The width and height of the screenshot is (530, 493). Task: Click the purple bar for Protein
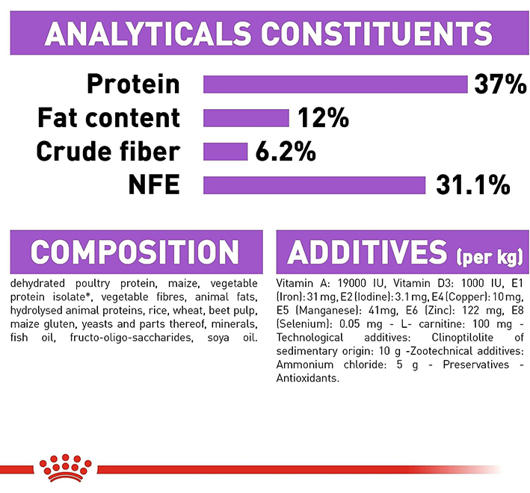[x=335, y=84]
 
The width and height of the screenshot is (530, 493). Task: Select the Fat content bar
[x=246, y=118]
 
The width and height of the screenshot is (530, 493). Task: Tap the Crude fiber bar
[x=225, y=152]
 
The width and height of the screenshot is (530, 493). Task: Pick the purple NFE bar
[x=314, y=185]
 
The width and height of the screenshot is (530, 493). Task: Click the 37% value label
[x=500, y=84]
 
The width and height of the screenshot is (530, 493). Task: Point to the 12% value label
[x=324, y=118]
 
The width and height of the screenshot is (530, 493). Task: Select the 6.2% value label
[x=285, y=152]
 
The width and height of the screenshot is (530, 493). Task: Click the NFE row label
[x=153, y=185]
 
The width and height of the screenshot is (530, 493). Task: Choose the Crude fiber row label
[x=108, y=152]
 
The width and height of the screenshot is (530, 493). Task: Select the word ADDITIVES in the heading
[x=366, y=252]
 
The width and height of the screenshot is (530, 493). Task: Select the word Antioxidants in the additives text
[x=307, y=379]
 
